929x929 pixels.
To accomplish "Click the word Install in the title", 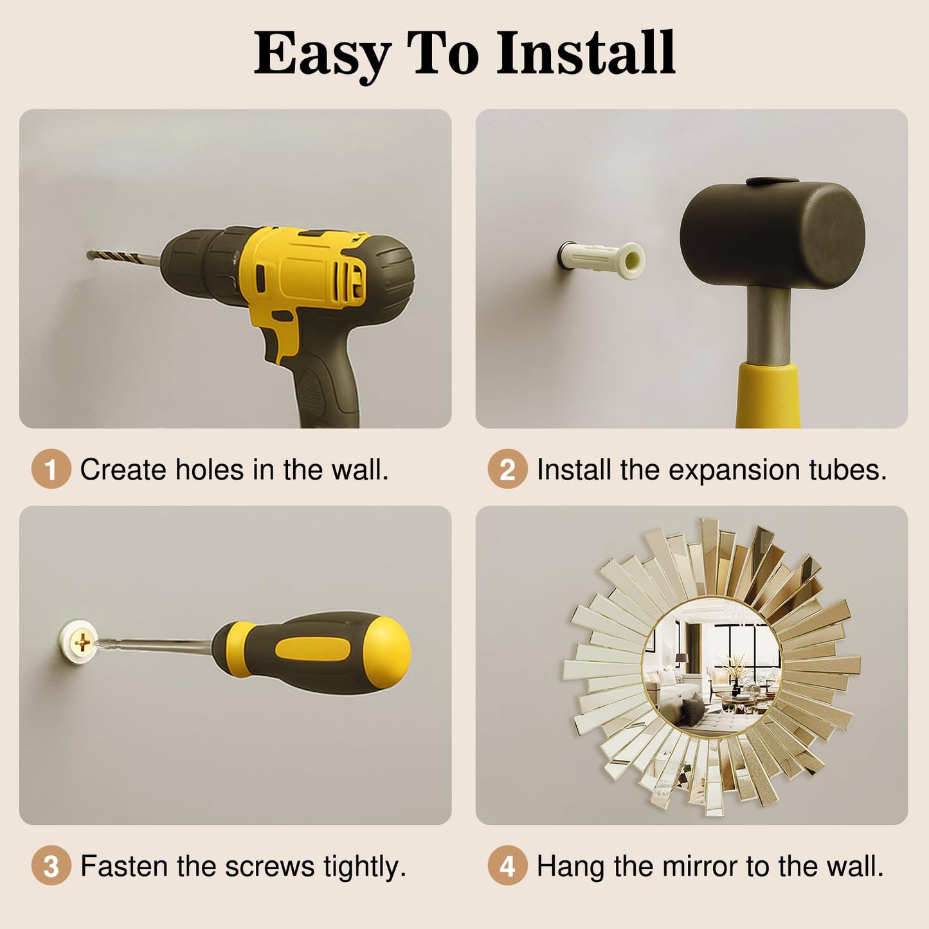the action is pos(586,52).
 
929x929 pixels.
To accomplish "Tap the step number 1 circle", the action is pos(51,469).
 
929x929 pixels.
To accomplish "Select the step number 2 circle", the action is pos(507,469).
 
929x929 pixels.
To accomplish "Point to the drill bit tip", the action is pos(88,254).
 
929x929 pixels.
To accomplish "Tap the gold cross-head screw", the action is pos(82,642).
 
